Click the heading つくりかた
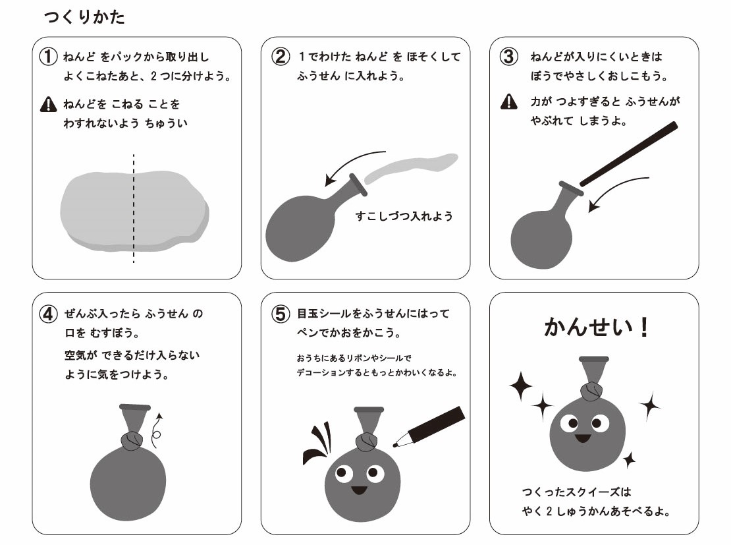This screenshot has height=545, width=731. [x=84, y=16]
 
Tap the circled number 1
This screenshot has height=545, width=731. [x=48, y=57]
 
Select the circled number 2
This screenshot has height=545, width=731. [x=280, y=57]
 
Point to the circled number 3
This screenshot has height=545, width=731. [x=508, y=57]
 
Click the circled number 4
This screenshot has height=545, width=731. [x=49, y=314]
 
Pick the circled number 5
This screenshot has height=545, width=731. [x=281, y=314]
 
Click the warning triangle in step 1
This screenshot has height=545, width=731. [x=49, y=104]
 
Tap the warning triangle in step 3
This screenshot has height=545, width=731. [x=508, y=101]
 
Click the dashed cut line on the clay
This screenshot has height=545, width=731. [x=134, y=208]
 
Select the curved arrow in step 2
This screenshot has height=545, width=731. [x=350, y=161]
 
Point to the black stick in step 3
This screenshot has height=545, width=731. [x=628, y=154]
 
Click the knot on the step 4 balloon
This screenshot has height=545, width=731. [x=132, y=440]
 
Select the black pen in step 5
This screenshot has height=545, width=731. [x=429, y=426]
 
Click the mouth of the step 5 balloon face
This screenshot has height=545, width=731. [x=360, y=490]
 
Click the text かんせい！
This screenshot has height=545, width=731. [x=596, y=327]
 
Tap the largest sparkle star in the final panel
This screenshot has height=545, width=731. [x=520, y=386]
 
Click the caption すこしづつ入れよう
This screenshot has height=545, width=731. [x=404, y=216]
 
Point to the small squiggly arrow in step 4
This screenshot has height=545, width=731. [x=157, y=427]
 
